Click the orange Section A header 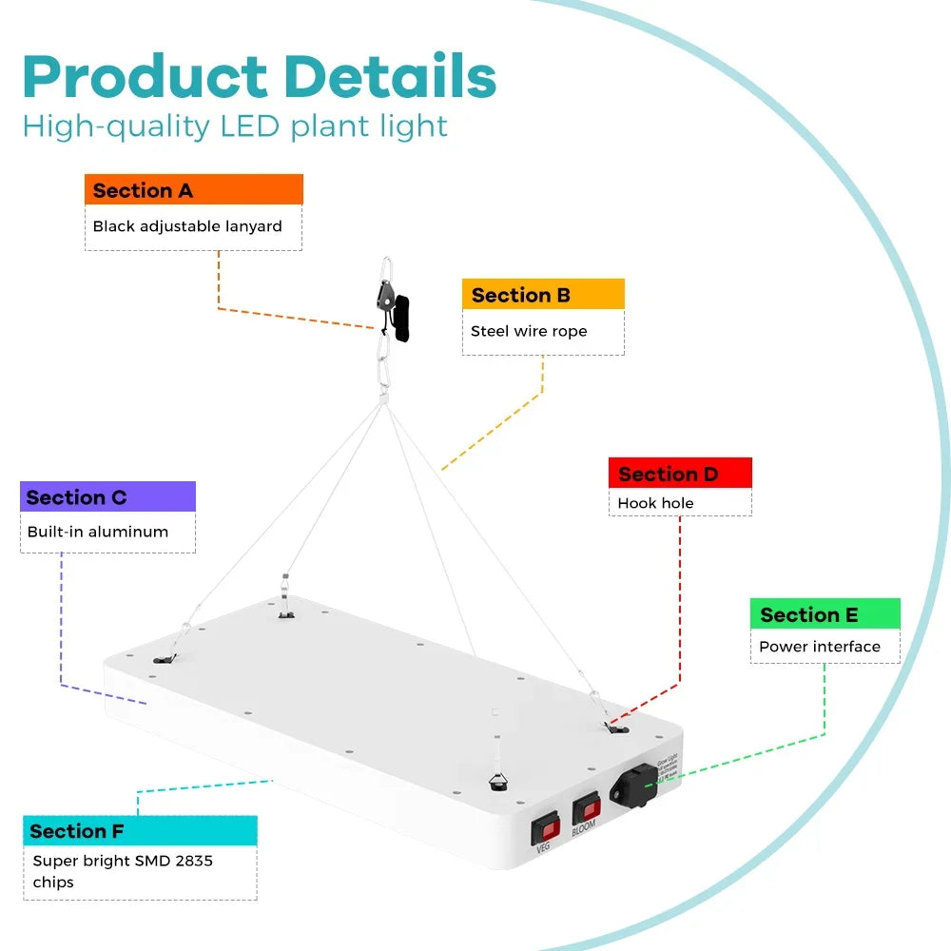[194, 190]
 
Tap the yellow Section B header [543, 295]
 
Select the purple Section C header [107, 497]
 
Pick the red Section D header [680, 474]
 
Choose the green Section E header [825, 614]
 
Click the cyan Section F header [140, 831]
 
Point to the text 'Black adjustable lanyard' [187, 226]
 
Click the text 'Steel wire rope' [529, 331]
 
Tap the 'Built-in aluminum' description [97, 532]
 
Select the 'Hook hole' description [655, 503]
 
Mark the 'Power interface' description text [820, 647]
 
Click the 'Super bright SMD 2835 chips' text [123, 871]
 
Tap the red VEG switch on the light [545, 827]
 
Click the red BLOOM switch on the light [586, 808]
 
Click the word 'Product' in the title [145, 78]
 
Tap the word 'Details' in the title [390, 78]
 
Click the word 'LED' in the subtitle [250, 126]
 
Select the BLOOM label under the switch [584, 827]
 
